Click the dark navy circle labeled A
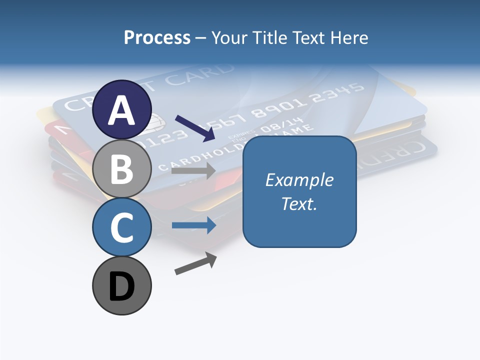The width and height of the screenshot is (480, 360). [121, 109]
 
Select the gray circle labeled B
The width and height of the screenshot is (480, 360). [121, 168]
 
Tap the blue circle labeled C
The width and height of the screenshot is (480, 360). [121, 227]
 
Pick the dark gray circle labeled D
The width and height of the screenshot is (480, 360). [121, 285]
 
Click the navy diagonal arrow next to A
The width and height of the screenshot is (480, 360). [195, 128]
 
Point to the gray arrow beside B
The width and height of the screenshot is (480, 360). [193, 171]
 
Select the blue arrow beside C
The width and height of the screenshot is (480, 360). [193, 225]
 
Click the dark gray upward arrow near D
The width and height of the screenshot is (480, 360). [196, 263]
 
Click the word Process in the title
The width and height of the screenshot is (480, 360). [157, 37]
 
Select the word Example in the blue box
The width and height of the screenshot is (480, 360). [299, 180]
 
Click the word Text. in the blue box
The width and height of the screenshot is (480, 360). [299, 203]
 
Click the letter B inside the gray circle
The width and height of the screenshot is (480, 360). [121, 168]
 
